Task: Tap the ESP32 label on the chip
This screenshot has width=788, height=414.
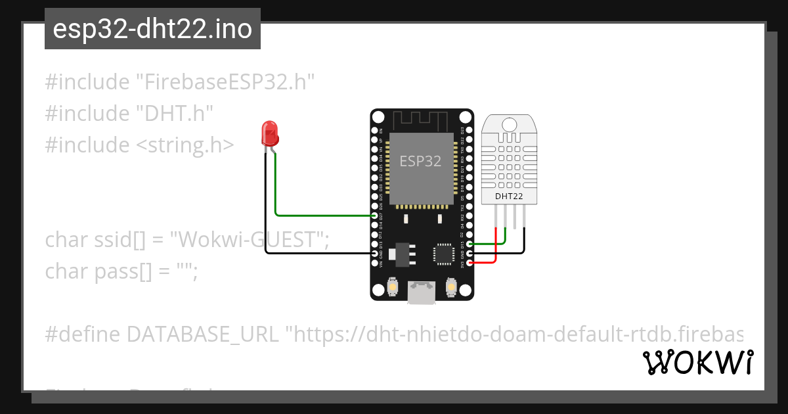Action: pos(421,161)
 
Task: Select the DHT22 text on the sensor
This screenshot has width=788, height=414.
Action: pos(509,196)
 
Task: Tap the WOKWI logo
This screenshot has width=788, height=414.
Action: pos(698,363)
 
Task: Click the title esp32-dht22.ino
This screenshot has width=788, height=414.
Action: pos(152,30)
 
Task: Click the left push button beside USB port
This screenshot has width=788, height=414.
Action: pos(392,287)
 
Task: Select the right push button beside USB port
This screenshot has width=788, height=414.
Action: pos(451,287)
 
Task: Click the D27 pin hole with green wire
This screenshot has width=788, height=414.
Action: pos(375,215)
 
